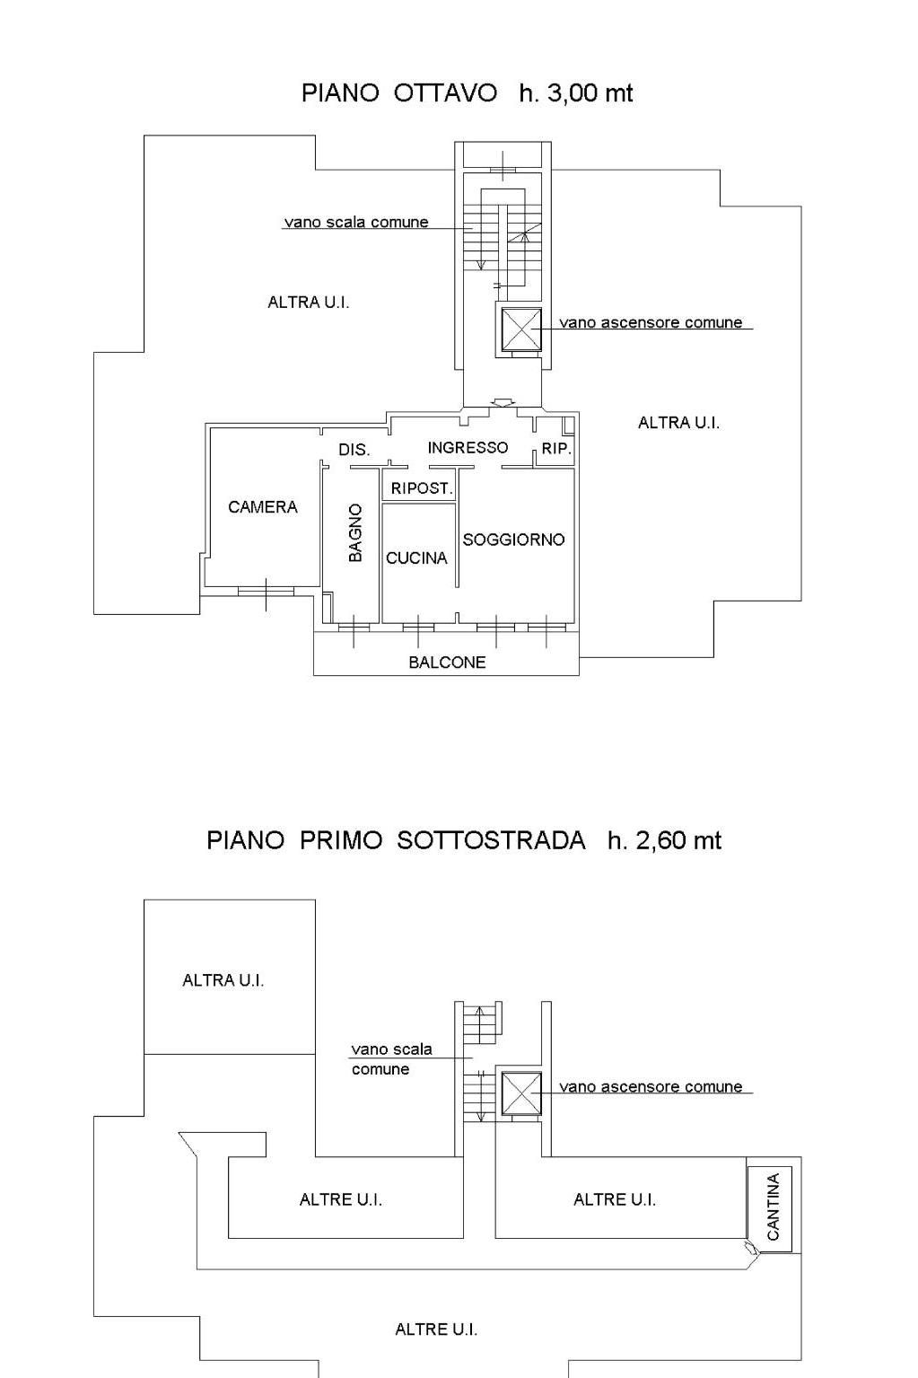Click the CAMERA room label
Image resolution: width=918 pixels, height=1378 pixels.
point(263,507)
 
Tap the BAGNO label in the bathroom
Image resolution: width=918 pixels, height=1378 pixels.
point(355,532)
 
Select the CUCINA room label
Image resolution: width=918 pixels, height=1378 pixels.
point(416,558)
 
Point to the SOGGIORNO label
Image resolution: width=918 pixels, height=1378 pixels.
point(513,540)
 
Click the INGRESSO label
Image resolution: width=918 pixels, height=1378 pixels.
point(468,448)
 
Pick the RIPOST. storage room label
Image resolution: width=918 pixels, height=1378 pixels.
point(422,488)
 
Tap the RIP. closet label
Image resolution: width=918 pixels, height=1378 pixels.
point(556,449)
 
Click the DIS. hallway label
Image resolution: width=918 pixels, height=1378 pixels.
point(354,450)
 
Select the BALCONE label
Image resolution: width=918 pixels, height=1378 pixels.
point(447,663)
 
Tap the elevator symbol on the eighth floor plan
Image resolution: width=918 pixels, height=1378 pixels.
point(521,329)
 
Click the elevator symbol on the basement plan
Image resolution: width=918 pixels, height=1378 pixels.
point(521,1093)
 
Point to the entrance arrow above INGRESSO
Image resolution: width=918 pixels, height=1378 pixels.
point(503,402)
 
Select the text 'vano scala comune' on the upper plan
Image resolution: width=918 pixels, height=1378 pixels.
point(356,222)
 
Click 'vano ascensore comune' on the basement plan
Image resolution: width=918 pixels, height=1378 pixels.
point(651,1087)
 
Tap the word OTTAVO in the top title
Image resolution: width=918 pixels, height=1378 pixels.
point(445,93)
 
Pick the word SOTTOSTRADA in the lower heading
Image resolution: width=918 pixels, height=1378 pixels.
point(491,840)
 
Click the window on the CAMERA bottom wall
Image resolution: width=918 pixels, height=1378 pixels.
point(266,592)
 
